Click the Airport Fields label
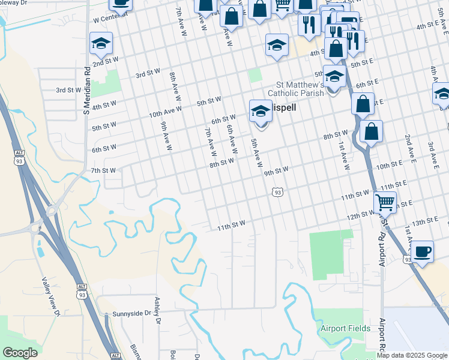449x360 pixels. (342, 328)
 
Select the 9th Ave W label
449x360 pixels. (166, 136)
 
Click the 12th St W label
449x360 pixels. (361, 215)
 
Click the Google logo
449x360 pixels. (20, 353)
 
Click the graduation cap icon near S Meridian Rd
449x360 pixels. (101, 43)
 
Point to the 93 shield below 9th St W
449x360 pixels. (276, 192)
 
